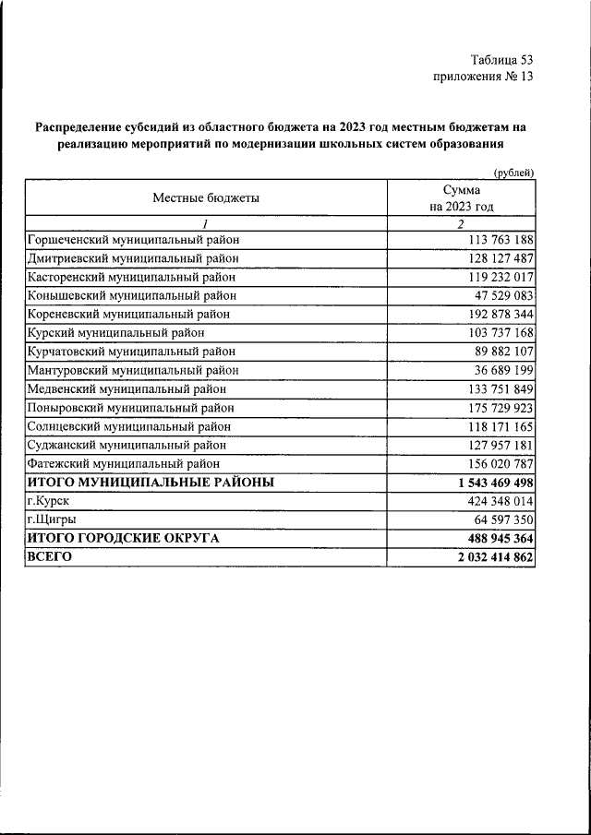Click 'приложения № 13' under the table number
click(483, 77)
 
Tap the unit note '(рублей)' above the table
click(513, 173)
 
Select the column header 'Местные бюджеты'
click(206, 197)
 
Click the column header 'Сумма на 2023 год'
click(462, 197)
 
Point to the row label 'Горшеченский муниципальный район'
click(134, 240)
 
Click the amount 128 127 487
click(495, 258)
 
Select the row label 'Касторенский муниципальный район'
click(131, 277)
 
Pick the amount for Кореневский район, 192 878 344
click(495, 314)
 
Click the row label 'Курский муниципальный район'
click(115, 332)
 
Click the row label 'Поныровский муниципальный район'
click(130, 407)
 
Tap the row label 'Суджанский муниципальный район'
click(127, 445)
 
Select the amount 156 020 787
click(495, 463)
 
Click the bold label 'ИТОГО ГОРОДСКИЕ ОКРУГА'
click(123, 539)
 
